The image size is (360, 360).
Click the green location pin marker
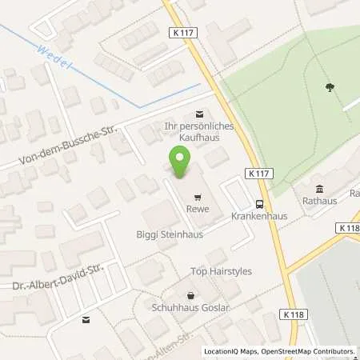coord(179,164)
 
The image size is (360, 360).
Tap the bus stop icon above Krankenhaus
coord(258,203)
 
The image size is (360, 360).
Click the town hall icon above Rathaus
coord(320,189)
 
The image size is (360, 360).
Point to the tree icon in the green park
coord(330,88)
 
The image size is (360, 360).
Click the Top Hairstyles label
coord(222,271)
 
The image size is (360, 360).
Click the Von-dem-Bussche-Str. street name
coord(54,149)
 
